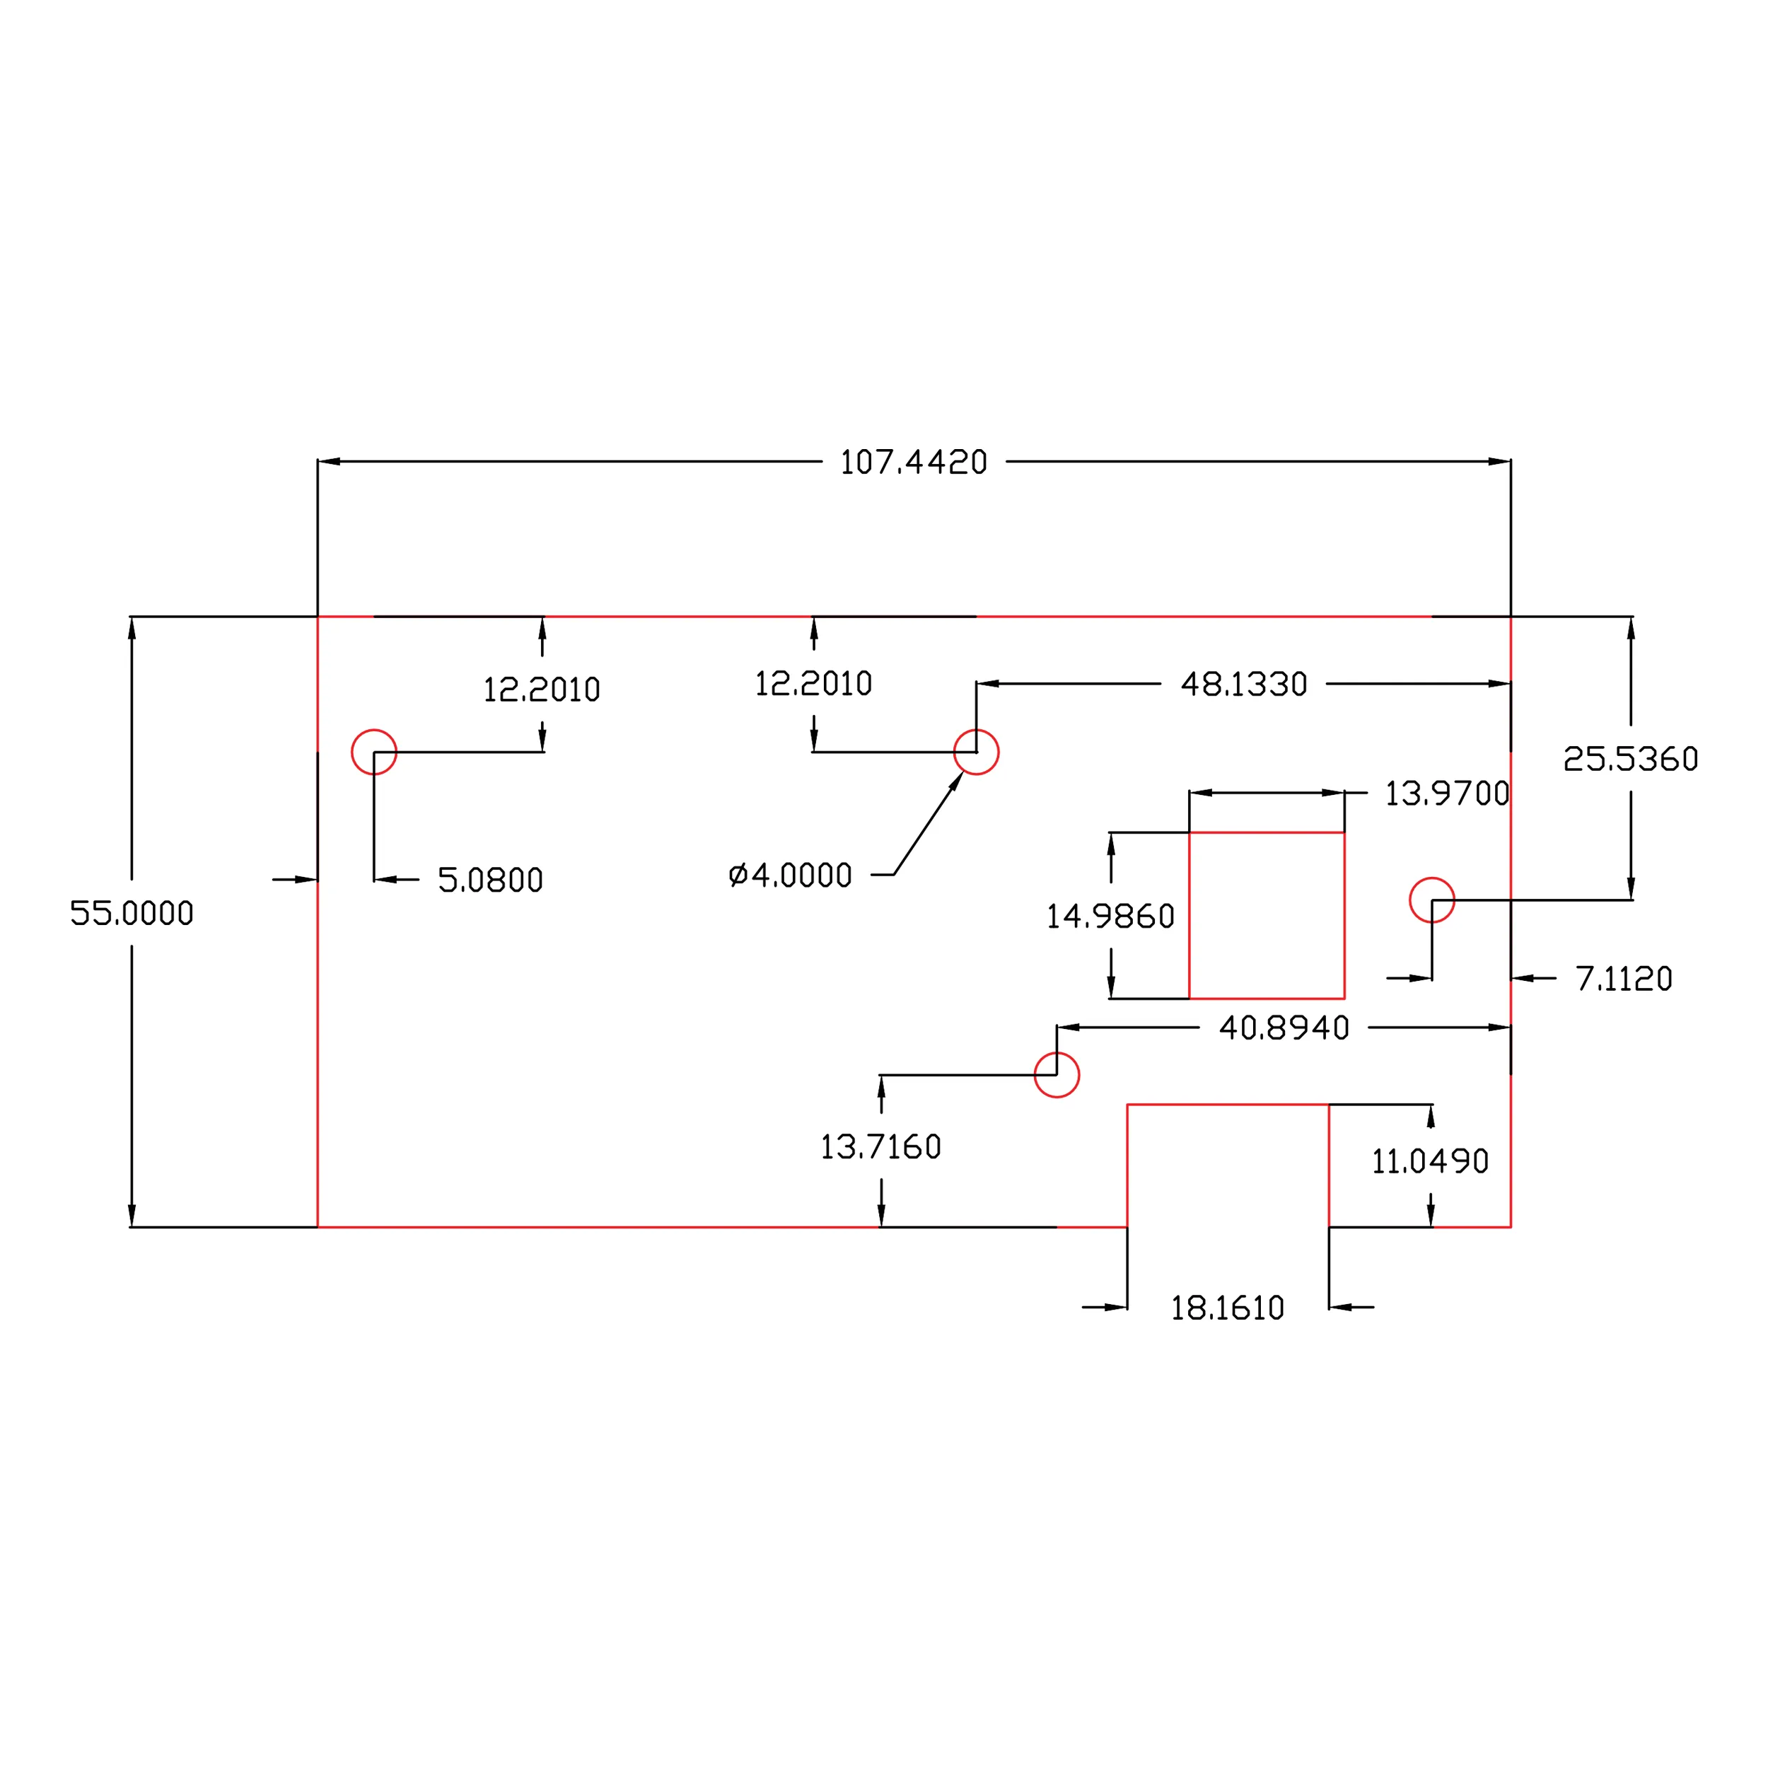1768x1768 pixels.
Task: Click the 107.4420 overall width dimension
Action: point(913,462)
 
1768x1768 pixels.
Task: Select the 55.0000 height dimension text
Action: point(132,913)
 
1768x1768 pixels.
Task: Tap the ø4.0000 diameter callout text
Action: point(791,876)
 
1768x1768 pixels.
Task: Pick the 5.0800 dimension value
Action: point(491,880)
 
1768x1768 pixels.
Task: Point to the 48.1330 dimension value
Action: point(1244,685)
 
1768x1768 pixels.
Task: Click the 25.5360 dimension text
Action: point(1631,759)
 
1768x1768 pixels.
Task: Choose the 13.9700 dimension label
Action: point(1447,793)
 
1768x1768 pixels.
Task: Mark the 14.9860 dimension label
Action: point(1110,916)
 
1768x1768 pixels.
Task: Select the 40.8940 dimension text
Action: point(1284,1028)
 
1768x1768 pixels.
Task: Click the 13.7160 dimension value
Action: point(880,1146)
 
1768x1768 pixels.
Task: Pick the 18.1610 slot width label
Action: point(1227,1308)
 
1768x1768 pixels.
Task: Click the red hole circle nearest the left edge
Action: point(374,752)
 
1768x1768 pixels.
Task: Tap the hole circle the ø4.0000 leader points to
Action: point(977,752)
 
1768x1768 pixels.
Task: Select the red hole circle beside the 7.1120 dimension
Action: point(1432,900)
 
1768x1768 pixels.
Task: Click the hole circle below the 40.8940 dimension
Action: point(1057,1075)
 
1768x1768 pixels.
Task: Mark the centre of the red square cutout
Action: point(1267,915)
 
